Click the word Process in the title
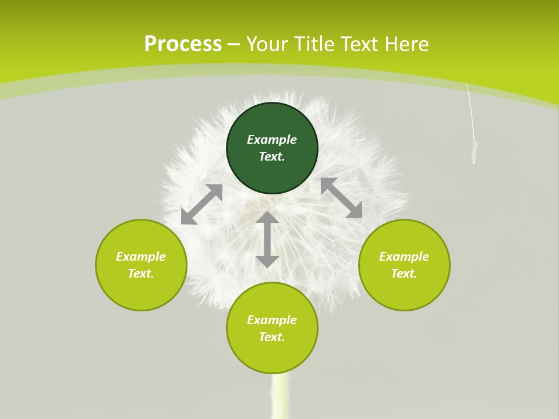coord(183,44)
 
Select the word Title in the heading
coord(315,44)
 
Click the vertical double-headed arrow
coord(267,239)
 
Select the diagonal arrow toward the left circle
coord(201,204)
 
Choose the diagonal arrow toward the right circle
coord(341,198)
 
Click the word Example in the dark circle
coord(272,140)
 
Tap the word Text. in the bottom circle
coord(272,337)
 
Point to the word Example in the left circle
coord(141,257)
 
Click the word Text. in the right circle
coord(404,274)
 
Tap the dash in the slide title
coord(233,44)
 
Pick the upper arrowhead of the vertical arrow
coord(267,218)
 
